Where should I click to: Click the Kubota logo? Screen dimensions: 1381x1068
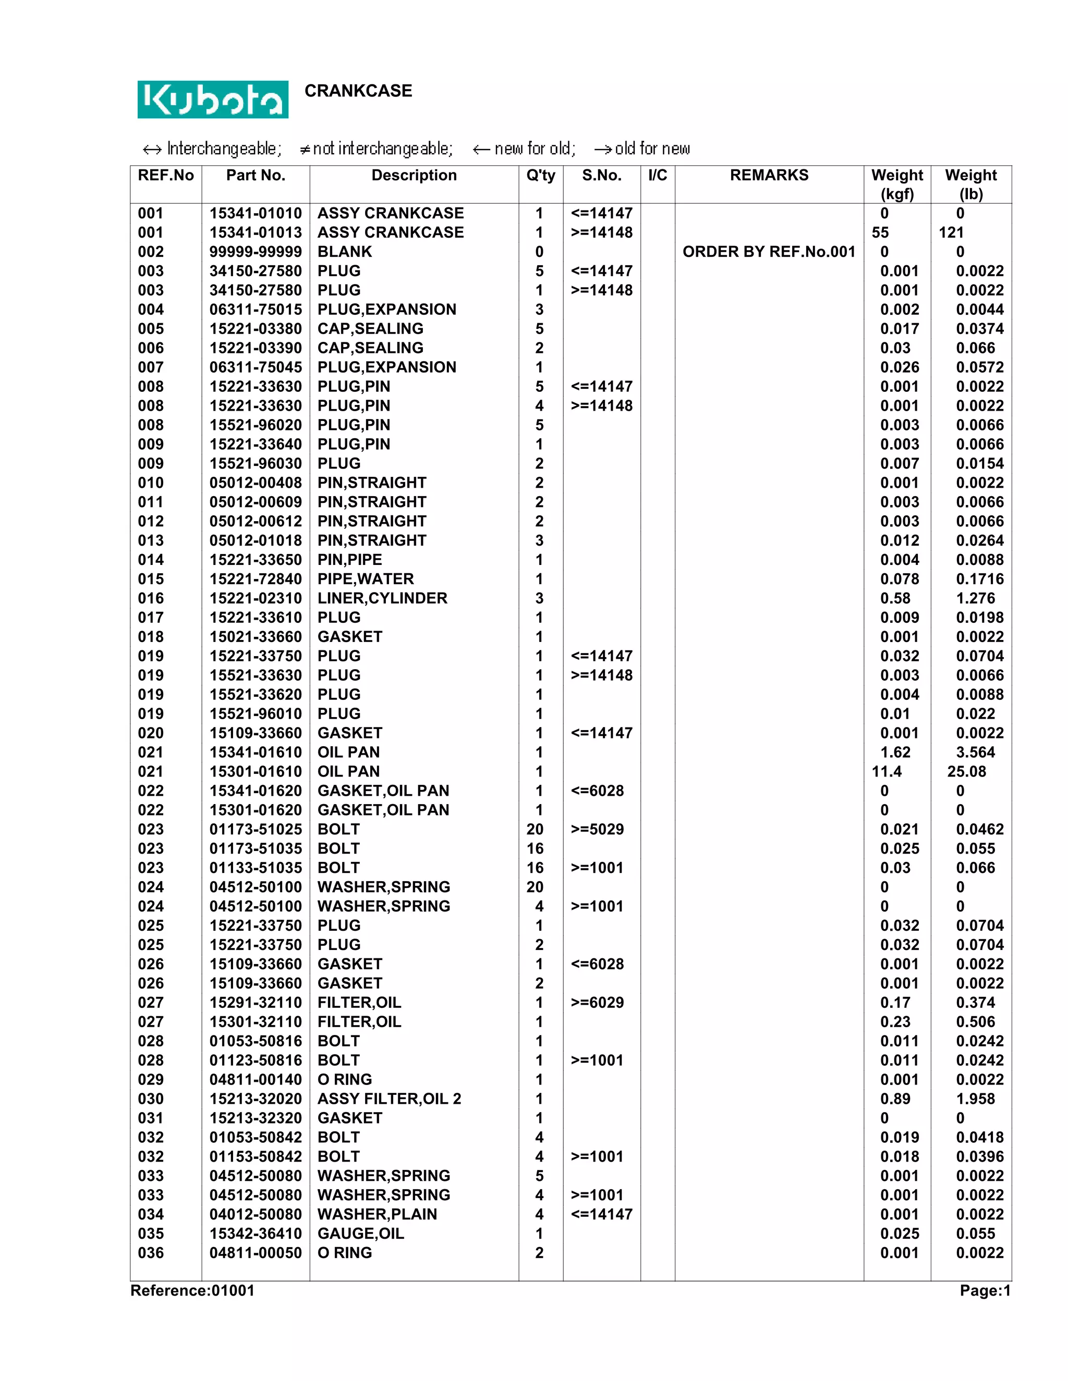click(x=213, y=99)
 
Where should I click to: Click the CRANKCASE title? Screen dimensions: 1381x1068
click(x=358, y=91)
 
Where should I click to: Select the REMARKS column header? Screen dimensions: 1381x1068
click(x=769, y=175)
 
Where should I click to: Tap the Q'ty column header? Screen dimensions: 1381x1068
click(x=540, y=175)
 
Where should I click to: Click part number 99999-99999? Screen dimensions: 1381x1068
click(x=256, y=252)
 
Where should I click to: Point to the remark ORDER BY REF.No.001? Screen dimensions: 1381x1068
click(x=769, y=252)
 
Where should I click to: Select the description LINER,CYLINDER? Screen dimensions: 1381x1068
click(x=382, y=598)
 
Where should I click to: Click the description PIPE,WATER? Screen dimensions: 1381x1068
click(x=366, y=579)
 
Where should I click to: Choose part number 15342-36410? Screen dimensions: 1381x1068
click(x=256, y=1234)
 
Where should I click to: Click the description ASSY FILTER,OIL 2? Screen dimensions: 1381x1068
click(x=389, y=1099)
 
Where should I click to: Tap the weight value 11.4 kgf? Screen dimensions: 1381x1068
click(x=887, y=771)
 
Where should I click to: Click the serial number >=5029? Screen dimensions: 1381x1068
click(x=597, y=830)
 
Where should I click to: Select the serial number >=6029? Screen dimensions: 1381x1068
click(x=597, y=1003)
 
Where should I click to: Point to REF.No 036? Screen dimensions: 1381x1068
click(x=151, y=1253)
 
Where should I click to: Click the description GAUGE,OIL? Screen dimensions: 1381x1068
click(x=361, y=1234)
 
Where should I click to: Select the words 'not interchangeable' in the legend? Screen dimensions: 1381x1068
click(x=382, y=149)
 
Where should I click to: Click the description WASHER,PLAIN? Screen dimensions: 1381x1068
click(x=377, y=1215)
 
